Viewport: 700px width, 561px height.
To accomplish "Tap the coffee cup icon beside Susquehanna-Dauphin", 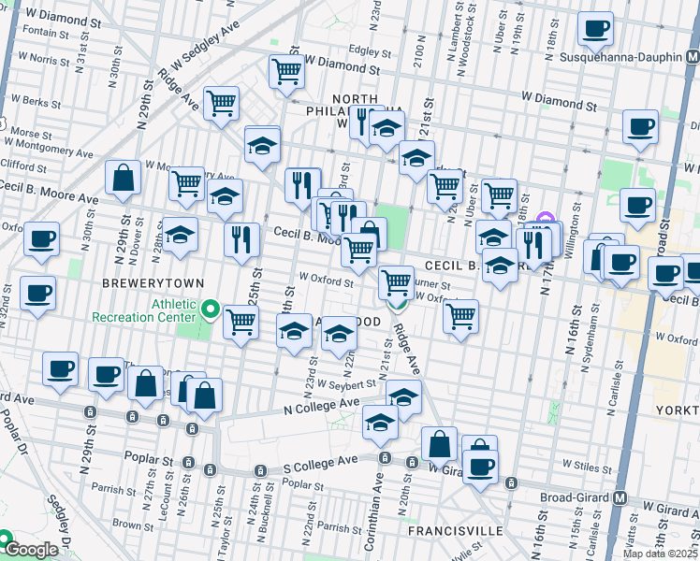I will pyautogui.click(x=595, y=29).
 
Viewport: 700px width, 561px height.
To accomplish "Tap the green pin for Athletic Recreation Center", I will pyautogui.click(x=211, y=309).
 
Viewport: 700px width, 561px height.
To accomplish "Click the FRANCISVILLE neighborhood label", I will pyautogui.click(x=455, y=531).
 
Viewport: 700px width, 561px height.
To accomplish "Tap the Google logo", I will pyautogui.click(x=31, y=550).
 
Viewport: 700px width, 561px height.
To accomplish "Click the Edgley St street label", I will pyautogui.click(x=370, y=50).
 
